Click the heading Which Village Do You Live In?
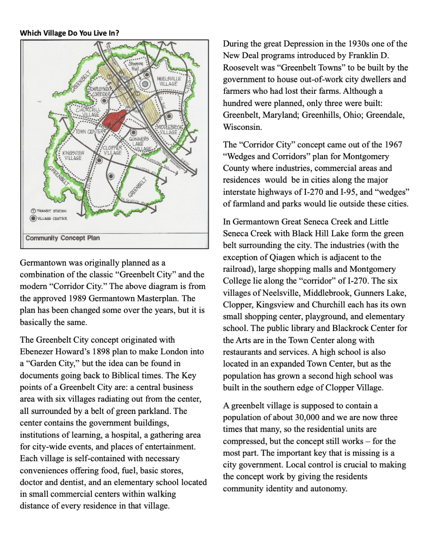(69, 33)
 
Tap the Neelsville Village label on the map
(169, 81)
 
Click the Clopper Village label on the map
(113, 150)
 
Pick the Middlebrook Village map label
(169, 129)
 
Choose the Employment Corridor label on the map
(100, 91)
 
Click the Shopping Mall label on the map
(135, 66)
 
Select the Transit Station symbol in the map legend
(33, 211)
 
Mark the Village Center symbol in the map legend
(33, 218)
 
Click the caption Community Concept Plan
(63, 238)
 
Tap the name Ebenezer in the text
(38, 352)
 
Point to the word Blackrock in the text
(348, 328)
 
